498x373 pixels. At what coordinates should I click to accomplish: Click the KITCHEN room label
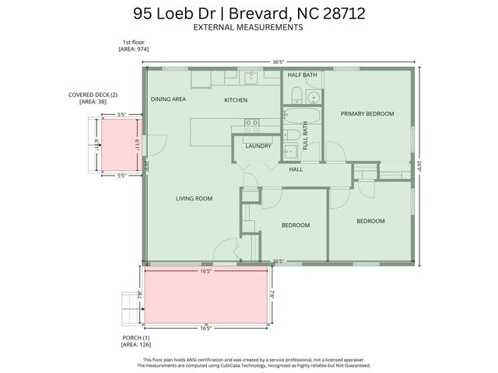click(x=236, y=100)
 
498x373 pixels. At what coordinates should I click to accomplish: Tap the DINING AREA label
click(x=168, y=99)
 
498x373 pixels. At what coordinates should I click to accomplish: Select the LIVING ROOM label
click(x=194, y=198)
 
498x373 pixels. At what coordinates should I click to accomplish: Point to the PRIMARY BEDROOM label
click(x=367, y=113)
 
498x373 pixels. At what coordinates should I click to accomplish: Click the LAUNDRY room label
click(x=258, y=145)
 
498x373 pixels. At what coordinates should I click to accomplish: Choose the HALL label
click(x=296, y=169)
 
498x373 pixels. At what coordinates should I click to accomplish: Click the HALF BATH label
click(x=302, y=75)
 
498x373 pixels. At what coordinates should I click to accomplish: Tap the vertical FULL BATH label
click(x=305, y=136)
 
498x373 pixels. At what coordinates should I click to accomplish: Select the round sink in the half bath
click(x=313, y=98)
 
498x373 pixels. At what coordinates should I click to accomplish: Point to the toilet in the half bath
click(x=296, y=96)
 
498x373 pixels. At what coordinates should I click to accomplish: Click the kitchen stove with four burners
click(x=252, y=122)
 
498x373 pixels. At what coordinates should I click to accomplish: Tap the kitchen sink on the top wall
click(x=251, y=77)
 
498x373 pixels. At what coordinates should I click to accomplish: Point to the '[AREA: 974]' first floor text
click(x=133, y=49)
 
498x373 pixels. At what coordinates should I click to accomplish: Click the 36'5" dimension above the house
click(x=277, y=61)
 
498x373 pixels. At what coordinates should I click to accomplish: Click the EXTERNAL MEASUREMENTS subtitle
click(x=247, y=27)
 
